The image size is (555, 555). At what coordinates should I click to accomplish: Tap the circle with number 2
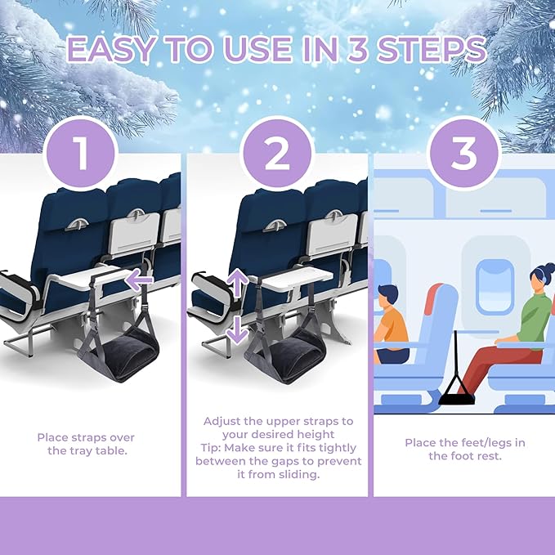tap(277, 153)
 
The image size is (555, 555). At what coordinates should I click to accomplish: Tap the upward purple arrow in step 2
tap(237, 283)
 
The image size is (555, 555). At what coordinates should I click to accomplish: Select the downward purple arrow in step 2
tap(237, 329)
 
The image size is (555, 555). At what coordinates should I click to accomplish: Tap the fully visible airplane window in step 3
tap(495, 286)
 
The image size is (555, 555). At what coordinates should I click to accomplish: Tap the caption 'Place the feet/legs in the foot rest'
tap(464, 449)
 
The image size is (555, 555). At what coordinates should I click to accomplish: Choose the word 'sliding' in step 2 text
tap(298, 474)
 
